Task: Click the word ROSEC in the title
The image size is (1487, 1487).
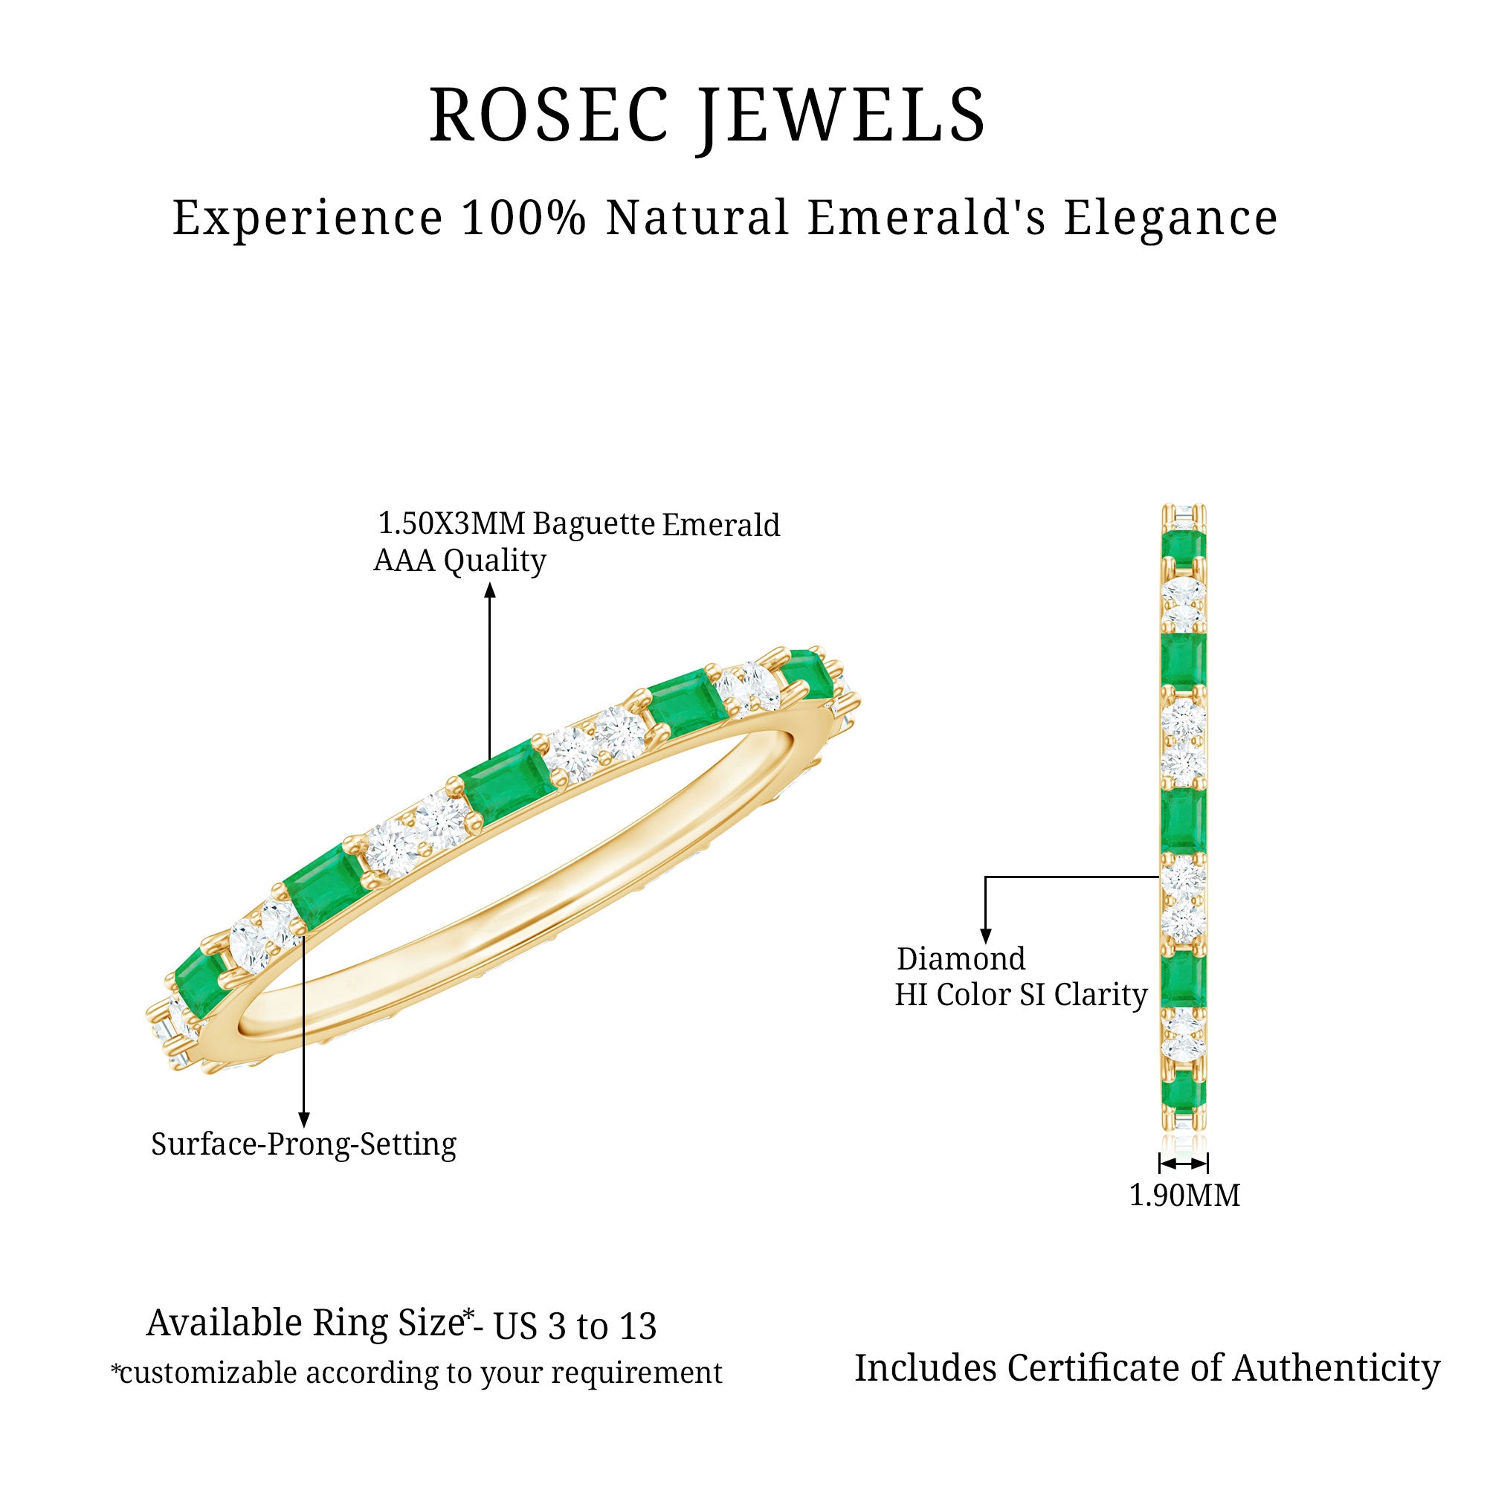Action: (548, 115)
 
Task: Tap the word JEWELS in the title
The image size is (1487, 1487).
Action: (842, 115)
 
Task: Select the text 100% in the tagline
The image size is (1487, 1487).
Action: (523, 218)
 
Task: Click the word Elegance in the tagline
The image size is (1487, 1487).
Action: (1171, 218)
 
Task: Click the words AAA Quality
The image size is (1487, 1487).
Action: (459, 561)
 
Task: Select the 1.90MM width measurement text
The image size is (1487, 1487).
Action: (1184, 1196)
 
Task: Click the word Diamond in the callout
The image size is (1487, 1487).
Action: (961, 959)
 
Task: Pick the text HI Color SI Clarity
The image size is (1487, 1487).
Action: (1021, 996)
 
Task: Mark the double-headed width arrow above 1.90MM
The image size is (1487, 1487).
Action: (1184, 1163)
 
